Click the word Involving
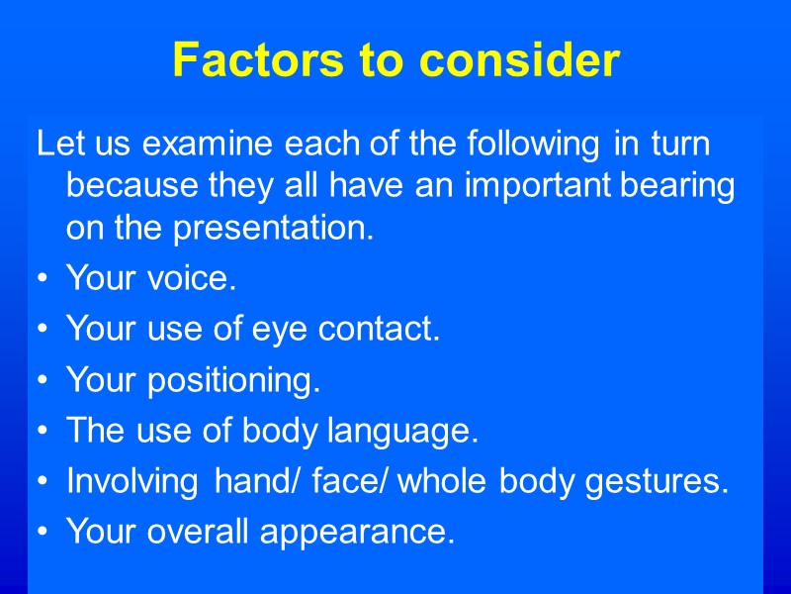tap(132, 483)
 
